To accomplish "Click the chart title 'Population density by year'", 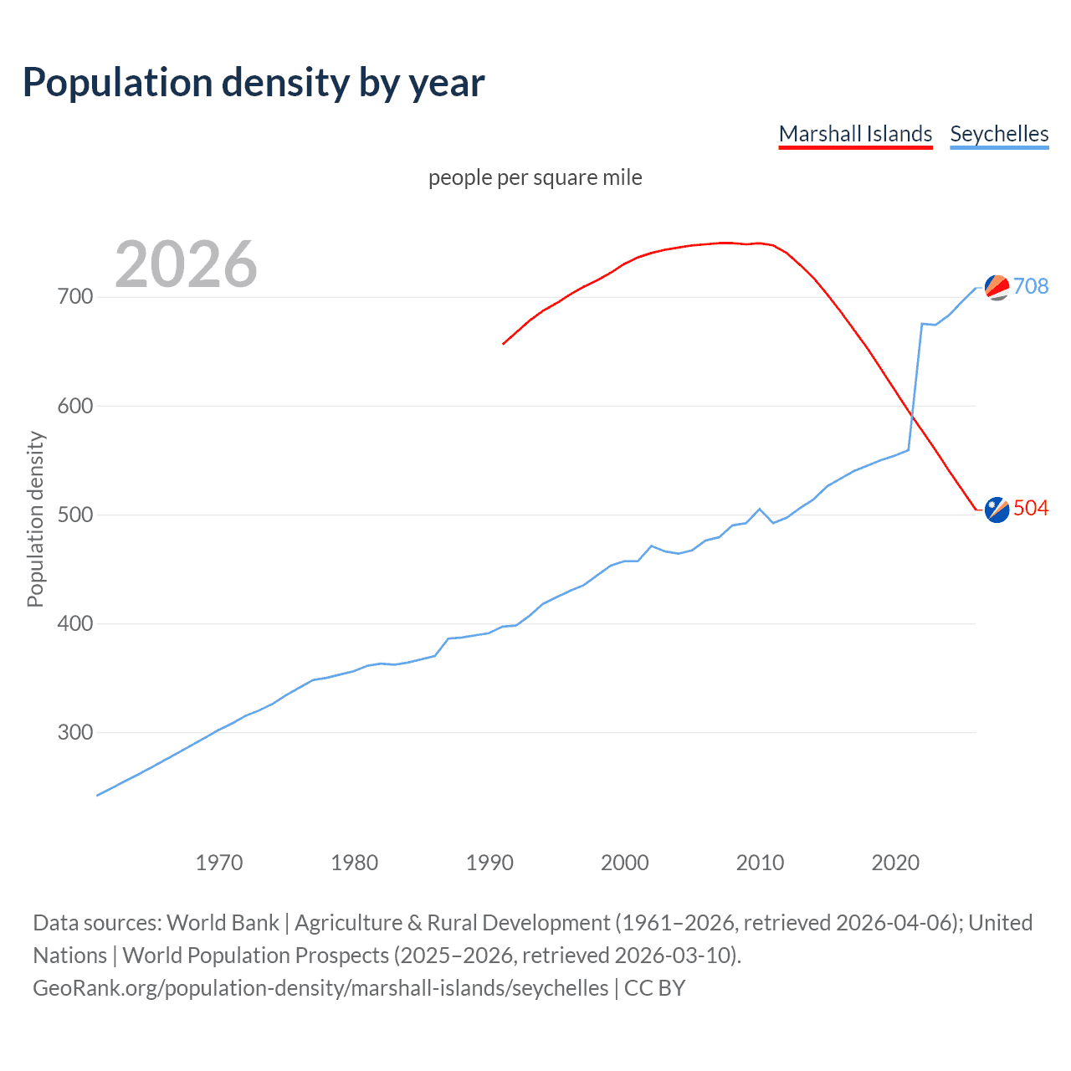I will pos(254,83).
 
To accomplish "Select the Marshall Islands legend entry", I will pos(855,134).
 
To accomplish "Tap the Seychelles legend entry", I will pos(999,134).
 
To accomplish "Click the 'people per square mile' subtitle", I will pos(535,177).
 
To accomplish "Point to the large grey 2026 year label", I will pos(186,264).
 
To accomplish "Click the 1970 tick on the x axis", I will pos(219,863).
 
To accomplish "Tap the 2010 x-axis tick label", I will pos(760,863).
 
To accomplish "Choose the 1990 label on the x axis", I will pos(489,863).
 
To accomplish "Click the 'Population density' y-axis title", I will pos(35,519).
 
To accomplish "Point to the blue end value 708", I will pos(1031,286).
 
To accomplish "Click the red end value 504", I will pos(1031,508).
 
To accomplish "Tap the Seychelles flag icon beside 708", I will pos(997,287).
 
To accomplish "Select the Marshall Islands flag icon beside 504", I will pos(997,509).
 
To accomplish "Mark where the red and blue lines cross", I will pos(912,416).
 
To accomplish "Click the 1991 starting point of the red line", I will pos(503,344).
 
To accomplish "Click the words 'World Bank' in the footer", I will pos(223,923).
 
